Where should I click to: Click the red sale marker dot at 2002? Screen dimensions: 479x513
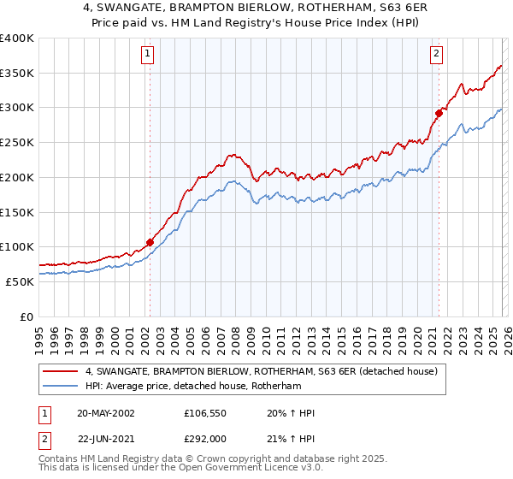[x=150, y=242]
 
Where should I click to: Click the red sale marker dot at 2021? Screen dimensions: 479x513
[x=439, y=112]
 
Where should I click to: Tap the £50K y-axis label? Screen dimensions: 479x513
[x=19, y=281]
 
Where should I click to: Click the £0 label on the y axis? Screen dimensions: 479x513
[x=27, y=316]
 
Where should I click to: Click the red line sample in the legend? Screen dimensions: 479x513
[x=62, y=371]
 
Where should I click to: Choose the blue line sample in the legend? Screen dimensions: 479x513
[x=62, y=386]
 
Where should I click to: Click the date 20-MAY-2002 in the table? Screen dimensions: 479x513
[x=105, y=413]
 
